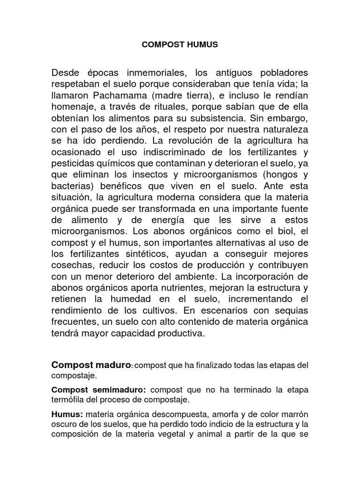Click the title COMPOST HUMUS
pyautogui.click(x=180, y=45)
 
